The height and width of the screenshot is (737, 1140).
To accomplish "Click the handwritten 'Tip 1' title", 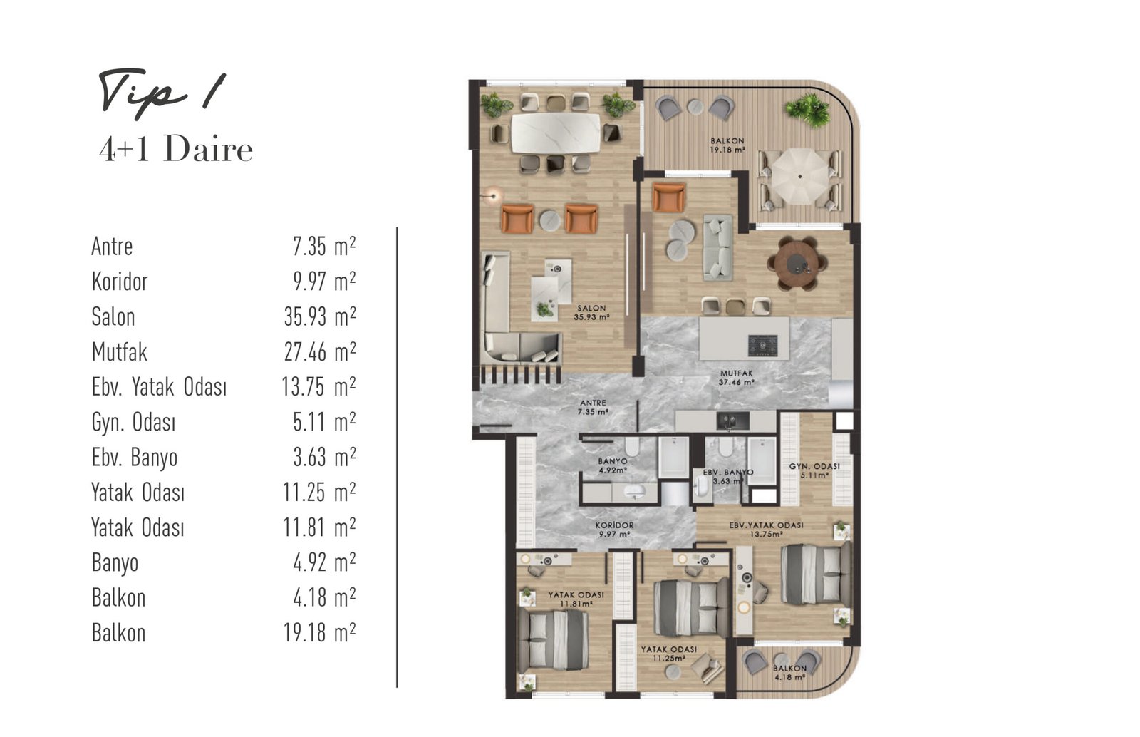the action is [x=162, y=94].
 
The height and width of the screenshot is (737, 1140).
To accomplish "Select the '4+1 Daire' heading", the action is [x=176, y=150].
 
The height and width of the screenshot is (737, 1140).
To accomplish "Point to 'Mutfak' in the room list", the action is [x=120, y=351].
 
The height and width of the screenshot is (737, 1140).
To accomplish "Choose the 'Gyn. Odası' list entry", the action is [x=133, y=422].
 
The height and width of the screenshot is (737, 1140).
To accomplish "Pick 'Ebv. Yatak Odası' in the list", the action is [x=159, y=387].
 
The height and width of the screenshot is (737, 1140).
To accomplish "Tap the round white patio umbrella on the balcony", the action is [x=799, y=176].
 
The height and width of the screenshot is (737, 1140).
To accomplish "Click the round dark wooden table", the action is [x=797, y=263].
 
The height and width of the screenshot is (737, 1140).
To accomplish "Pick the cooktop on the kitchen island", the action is [x=762, y=346].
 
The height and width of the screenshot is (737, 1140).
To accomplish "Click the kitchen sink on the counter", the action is [x=733, y=421].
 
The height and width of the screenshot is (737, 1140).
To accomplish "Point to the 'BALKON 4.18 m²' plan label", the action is [x=789, y=673].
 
